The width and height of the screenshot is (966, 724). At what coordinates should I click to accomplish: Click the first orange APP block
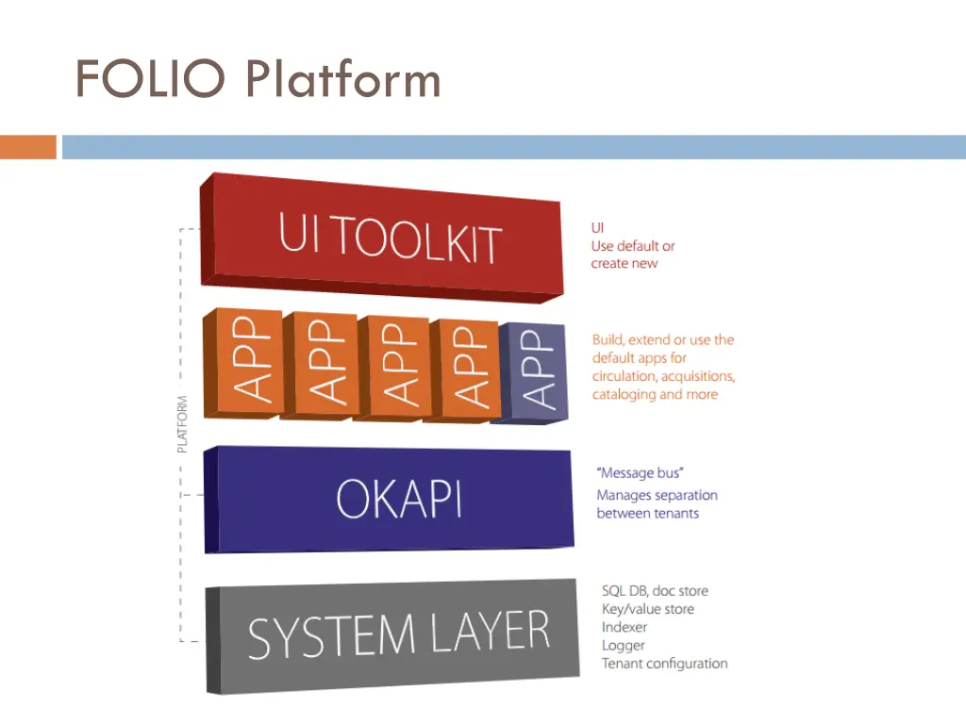click(242, 363)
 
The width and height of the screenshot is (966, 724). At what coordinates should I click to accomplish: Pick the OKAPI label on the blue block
click(400, 499)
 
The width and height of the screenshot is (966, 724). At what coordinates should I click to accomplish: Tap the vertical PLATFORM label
click(182, 423)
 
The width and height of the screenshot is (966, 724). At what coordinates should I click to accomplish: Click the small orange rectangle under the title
click(27, 147)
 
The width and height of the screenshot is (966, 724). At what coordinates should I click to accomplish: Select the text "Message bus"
click(640, 472)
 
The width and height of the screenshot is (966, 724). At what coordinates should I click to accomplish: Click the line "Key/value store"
click(647, 609)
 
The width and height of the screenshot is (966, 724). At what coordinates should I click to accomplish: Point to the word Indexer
click(625, 627)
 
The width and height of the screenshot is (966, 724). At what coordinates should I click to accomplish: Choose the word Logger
click(623, 646)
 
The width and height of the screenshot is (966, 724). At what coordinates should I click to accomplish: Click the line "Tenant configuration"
click(664, 664)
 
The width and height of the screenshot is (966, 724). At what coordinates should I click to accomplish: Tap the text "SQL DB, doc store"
click(655, 591)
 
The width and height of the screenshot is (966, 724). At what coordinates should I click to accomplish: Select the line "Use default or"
click(632, 246)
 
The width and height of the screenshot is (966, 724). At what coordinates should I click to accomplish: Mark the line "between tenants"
click(647, 514)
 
